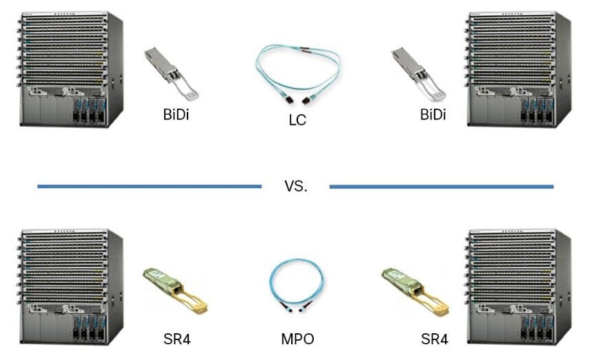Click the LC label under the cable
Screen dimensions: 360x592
[x=297, y=121]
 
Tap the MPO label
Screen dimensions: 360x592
[x=297, y=339]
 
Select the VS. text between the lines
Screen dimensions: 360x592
[x=296, y=186]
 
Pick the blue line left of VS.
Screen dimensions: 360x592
[x=149, y=186]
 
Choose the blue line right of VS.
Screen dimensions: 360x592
[x=441, y=186]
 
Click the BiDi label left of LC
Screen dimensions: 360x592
[x=171, y=114]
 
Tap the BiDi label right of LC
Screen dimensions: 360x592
[x=433, y=114]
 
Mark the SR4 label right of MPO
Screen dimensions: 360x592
[x=434, y=339]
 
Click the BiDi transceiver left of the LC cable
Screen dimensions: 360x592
[x=170, y=73]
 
